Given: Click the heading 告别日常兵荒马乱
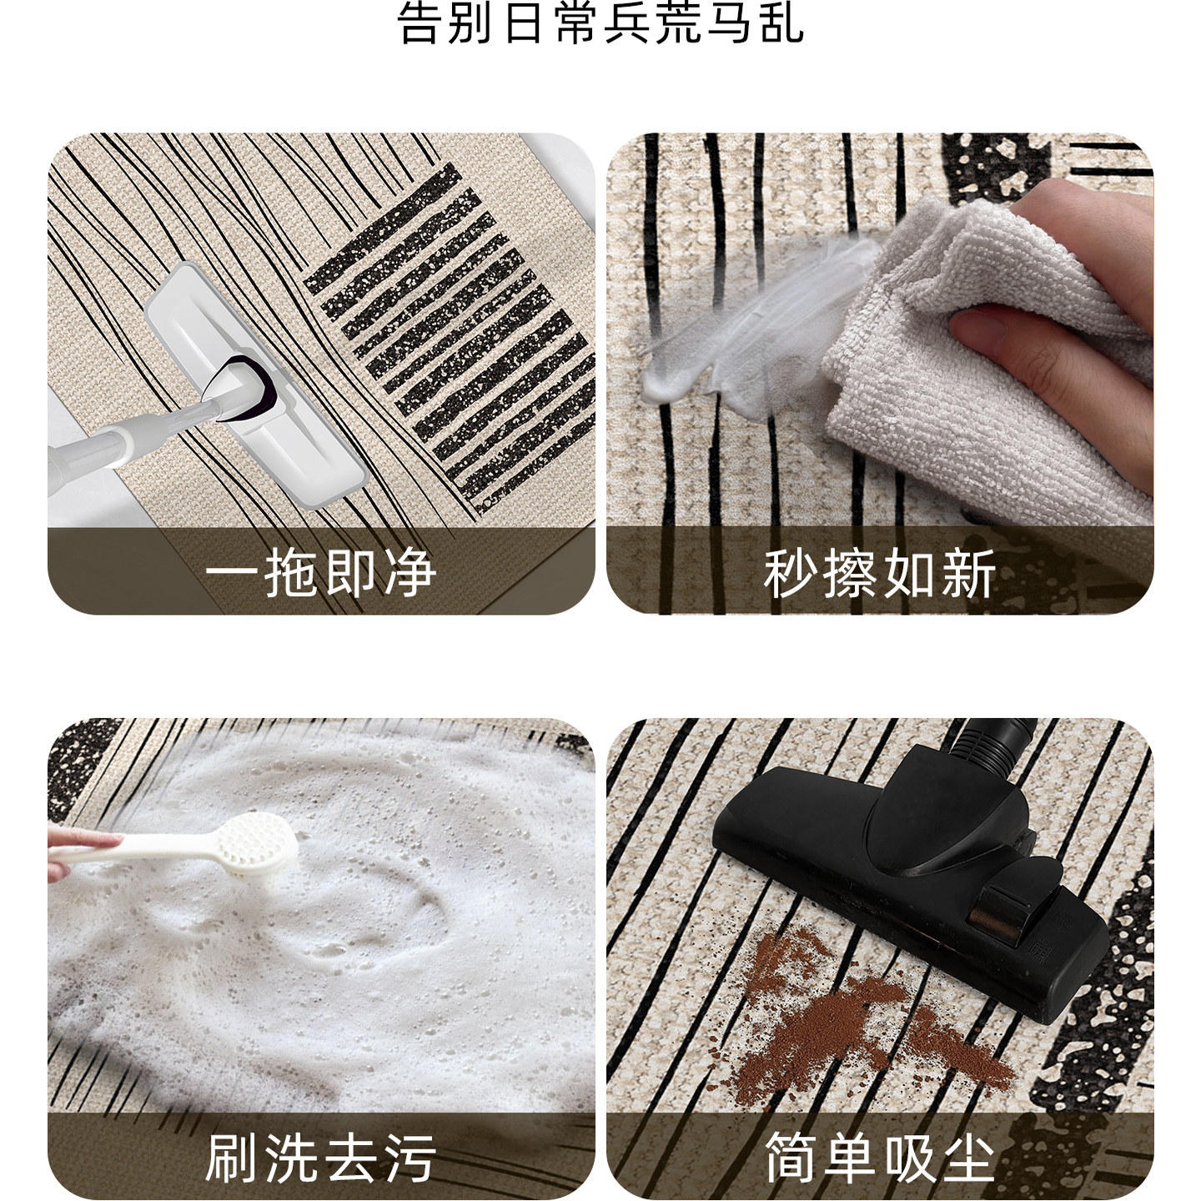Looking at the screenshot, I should click(600, 23).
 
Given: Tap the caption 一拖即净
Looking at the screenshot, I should click(321, 573).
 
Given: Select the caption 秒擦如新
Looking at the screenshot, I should click(880, 573).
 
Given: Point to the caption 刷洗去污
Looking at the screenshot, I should click(321, 1157).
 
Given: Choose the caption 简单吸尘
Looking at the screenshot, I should click(880, 1157).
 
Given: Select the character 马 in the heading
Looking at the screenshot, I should click(731, 23).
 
